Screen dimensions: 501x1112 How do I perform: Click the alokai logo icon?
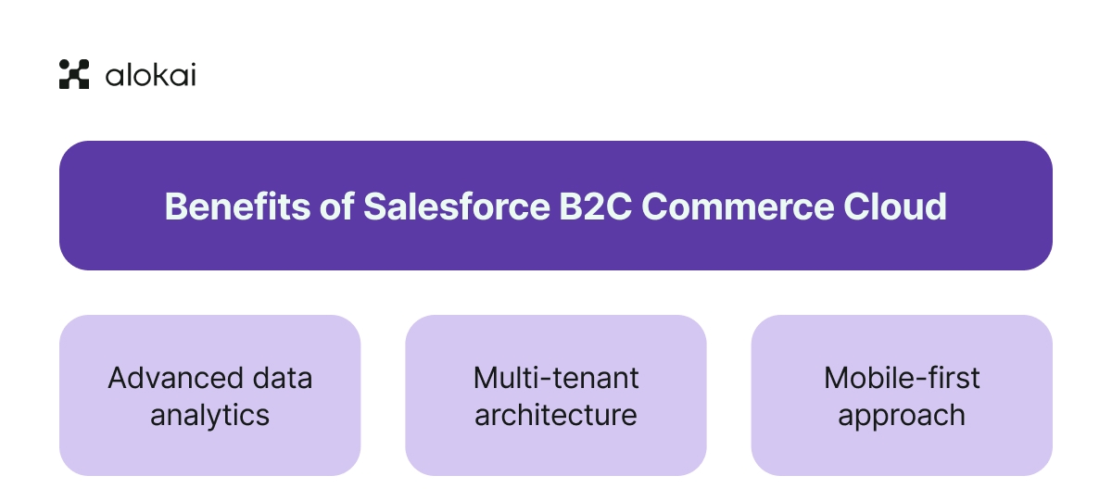coord(74,74)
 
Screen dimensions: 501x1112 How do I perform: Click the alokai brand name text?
coord(150,75)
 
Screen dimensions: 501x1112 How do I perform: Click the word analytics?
coord(210,415)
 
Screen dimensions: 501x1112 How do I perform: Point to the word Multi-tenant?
coord(556,378)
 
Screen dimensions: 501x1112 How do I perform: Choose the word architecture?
coord(556,415)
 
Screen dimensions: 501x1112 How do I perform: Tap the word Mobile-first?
coord(902,378)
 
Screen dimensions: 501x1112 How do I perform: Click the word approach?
coord(902,415)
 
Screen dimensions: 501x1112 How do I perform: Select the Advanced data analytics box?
coord(210,454)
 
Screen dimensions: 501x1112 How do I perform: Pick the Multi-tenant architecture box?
coord(556,454)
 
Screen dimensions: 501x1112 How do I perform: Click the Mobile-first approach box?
coord(902,454)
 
